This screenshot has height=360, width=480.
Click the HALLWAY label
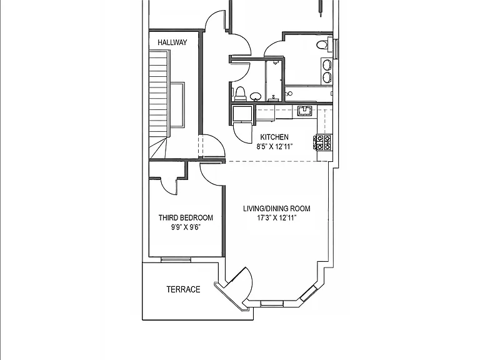point(172,42)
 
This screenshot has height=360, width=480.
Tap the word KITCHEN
point(274,137)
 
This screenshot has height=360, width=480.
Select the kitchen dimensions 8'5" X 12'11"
point(274,147)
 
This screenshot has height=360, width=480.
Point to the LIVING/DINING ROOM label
point(276,209)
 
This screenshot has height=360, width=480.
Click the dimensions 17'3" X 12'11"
point(276,218)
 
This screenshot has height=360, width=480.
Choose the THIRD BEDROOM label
point(186,218)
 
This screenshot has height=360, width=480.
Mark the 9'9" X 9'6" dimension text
point(186,227)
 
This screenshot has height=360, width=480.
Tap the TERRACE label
point(183,289)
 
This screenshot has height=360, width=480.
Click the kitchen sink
point(304,111)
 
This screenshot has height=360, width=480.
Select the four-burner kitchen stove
point(324,142)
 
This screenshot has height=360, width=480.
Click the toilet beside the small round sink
point(241,94)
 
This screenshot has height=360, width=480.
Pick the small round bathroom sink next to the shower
point(255,96)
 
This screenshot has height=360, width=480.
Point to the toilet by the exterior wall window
point(323,45)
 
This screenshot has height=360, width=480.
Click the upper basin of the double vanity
point(327,64)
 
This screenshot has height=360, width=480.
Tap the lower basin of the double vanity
point(327,77)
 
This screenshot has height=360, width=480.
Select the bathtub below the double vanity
point(309,93)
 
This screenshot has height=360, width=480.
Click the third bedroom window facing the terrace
point(176,260)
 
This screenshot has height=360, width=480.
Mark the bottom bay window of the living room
point(271,303)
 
